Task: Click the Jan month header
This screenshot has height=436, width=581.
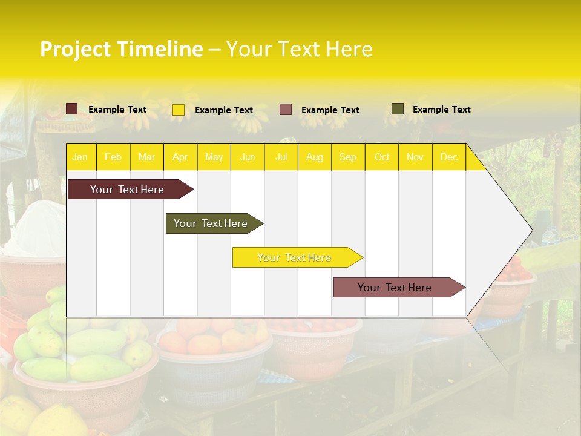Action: [x=80, y=157]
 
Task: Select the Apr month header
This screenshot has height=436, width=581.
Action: [x=180, y=157]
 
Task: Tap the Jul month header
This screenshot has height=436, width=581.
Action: [x=281, y=157]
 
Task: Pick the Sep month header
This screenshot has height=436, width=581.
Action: [x=347, y=157]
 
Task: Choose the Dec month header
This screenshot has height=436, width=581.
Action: [x=448, y=157]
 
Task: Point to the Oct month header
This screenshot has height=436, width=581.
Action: [x=382, y=157]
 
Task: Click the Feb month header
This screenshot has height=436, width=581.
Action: [x=113, y=157]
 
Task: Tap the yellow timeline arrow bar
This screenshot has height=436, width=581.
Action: [x=295, y=257]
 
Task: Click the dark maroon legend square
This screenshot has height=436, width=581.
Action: [x=72, y=109]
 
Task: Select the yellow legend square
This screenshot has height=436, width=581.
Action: [x=179, y=110]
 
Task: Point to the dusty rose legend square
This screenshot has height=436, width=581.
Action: [x=286, y=110]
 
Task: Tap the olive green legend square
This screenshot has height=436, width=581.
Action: [x=398, y=109]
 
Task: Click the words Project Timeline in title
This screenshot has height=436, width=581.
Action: [x=122, y=49]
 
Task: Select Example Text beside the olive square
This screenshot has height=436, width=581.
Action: [x=441, y=110]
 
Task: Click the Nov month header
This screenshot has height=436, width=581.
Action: [x=415, y=157]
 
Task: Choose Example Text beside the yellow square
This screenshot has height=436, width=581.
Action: [x=223, y=110]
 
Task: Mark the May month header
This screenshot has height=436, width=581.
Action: [x=214, y=157]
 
